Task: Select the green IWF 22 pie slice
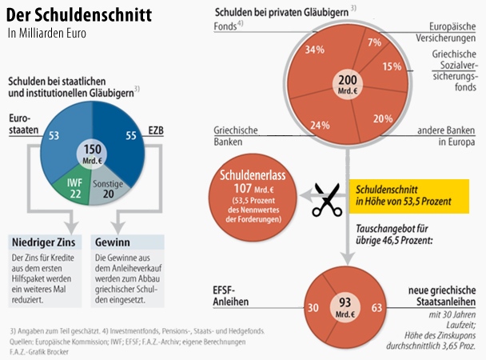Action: click(78, 186)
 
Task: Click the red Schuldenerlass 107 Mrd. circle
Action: click(250, 197)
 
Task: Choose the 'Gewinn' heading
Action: click(113, 242)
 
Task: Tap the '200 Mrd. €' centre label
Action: click(347, 83)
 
